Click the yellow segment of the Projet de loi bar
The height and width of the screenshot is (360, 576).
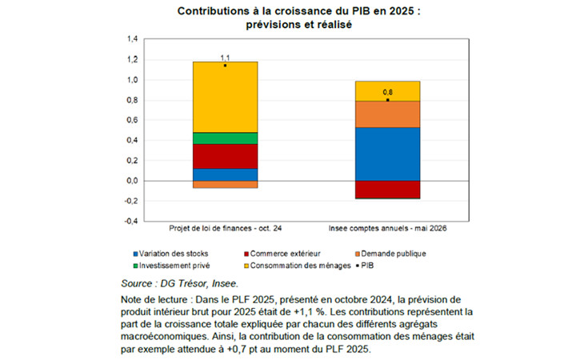225,97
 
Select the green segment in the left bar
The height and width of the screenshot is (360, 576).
225,138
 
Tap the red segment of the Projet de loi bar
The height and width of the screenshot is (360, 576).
225,157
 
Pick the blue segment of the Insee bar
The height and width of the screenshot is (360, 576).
387,154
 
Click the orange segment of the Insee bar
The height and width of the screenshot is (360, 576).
387,114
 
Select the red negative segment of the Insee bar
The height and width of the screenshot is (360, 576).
387,190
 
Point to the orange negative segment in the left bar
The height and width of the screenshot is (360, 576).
225,185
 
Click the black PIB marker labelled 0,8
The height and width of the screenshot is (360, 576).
387,100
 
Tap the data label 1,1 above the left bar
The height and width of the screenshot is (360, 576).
225,58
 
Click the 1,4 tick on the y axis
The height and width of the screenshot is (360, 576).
132,39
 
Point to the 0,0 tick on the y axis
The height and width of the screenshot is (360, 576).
132,181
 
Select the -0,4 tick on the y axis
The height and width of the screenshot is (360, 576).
131,221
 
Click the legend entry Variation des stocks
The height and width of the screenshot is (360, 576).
171,254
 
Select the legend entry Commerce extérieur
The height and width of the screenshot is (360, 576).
282,254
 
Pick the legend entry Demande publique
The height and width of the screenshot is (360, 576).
390,254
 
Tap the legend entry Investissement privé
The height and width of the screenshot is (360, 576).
171,266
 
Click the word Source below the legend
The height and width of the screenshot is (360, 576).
137,283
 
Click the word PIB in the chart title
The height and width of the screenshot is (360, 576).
362,11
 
